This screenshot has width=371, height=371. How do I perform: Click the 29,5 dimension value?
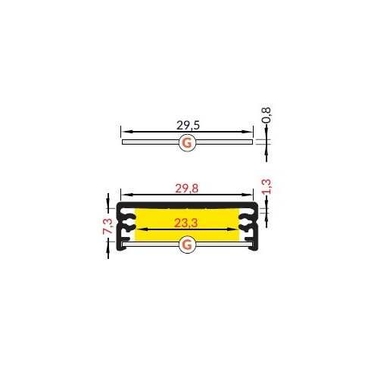[188, 125]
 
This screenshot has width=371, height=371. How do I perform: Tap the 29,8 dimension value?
[187, 189]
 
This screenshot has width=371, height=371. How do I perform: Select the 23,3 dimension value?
[186, 223]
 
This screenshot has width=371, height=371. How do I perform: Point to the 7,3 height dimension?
[108, 226]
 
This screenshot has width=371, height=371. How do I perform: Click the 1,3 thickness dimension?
[267, 186]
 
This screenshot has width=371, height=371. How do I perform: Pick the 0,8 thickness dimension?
[267, 115]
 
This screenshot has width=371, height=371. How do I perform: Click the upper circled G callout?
[187, 143]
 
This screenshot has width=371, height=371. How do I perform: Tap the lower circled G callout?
[187, 245]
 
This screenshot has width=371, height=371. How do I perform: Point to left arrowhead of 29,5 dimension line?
[125, 132]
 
